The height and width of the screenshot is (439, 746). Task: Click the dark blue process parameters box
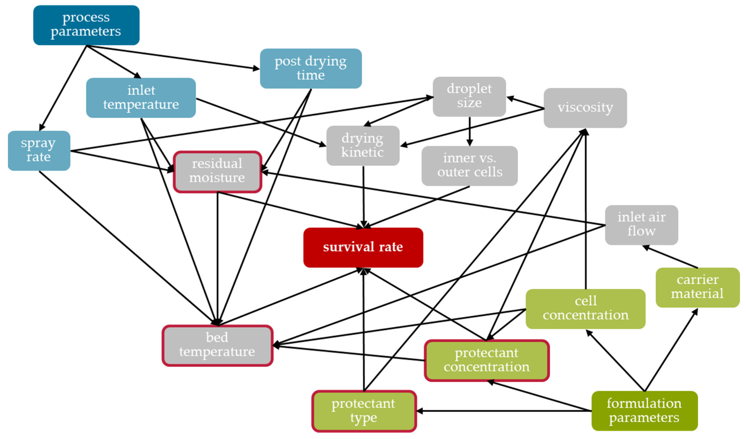[x=86, y=25]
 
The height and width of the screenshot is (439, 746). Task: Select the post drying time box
[x=311, y=69]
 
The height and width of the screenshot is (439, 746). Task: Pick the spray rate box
[x=39, y=151]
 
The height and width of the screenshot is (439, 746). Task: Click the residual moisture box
[x=217, y=172]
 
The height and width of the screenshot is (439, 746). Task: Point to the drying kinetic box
[x=363, y=145]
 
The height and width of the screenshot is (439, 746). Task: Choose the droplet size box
[x=469, y=97]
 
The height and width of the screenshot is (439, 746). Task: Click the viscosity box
[x=585, y=108]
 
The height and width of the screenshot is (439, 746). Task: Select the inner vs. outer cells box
[x=470, y=166]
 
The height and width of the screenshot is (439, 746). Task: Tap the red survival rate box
[x=363, y=247]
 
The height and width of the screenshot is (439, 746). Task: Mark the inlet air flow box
[x=641, y=225]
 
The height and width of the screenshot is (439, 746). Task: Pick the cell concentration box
[x=585, y=309]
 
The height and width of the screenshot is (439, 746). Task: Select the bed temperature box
[x=217, y=345]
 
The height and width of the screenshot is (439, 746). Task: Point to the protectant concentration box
[x=487, y=360]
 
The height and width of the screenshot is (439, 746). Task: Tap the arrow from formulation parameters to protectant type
[x=503, y=411]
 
